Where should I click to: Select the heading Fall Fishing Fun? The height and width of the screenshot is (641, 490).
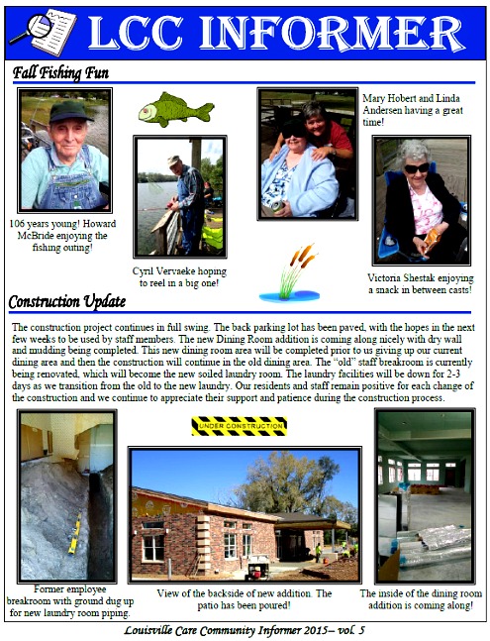(x=60, y=72)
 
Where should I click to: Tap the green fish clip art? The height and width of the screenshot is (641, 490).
(x=175, y=109)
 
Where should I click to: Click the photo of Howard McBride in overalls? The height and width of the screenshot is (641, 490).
(x=64, y=150)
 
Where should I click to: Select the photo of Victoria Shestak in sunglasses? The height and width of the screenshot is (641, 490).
(x=421, y=200)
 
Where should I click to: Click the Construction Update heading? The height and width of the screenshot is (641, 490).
(x=67, y=301)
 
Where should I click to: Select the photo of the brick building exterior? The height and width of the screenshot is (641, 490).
(x=244, y=515)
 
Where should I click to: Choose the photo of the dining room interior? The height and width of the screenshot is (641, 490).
(x=423, y=495)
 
